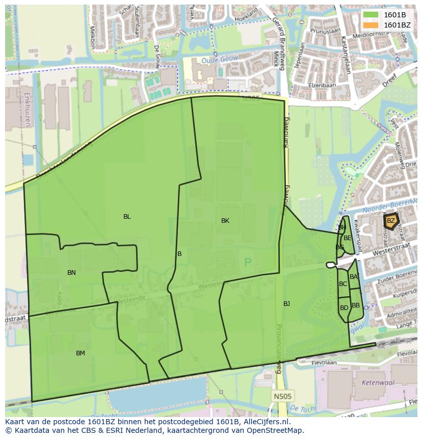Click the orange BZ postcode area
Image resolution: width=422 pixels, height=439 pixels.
click(391, 221)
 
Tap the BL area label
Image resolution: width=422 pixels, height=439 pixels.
click(127, 217)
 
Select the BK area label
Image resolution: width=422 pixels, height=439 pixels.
click(225, 221)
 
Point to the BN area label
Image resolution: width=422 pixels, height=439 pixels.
click(71, 273)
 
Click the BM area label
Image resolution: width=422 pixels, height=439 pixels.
click(81, 353)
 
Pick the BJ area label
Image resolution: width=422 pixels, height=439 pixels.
click(286, 304)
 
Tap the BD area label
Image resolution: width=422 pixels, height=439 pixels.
click(344, 308)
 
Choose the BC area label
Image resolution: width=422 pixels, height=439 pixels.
click(343, 284)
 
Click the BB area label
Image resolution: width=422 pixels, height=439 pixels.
click(356, 305)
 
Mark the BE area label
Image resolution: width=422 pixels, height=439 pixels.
click(347, 238)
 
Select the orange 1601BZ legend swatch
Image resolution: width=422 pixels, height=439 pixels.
click(371, 25)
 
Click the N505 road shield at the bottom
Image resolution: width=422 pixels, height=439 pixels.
click(279, 396)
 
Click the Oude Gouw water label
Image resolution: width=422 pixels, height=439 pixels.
click(213, 60)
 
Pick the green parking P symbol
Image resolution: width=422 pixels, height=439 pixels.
click(248, 263)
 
